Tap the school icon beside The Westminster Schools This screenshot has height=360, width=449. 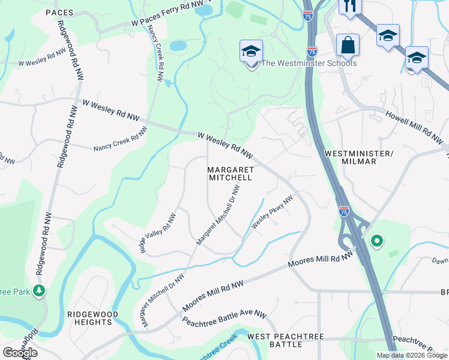tap(251, 52)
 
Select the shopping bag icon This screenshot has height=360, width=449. tap(348, 45)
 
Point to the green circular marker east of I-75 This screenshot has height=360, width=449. tap(377, 242)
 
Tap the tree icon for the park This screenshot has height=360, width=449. tap(40, 291)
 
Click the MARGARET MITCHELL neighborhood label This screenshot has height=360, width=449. tap(231, 174)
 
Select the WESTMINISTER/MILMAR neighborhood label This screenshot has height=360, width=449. tap(358, 157)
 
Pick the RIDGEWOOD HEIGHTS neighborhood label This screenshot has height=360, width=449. tap(92, 318)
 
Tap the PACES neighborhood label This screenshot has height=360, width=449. tap(59, 12)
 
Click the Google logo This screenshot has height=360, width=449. tap(20, 353)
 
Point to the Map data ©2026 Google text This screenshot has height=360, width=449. tap(411, 355)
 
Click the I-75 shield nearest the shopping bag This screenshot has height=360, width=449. tap(312, 51)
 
